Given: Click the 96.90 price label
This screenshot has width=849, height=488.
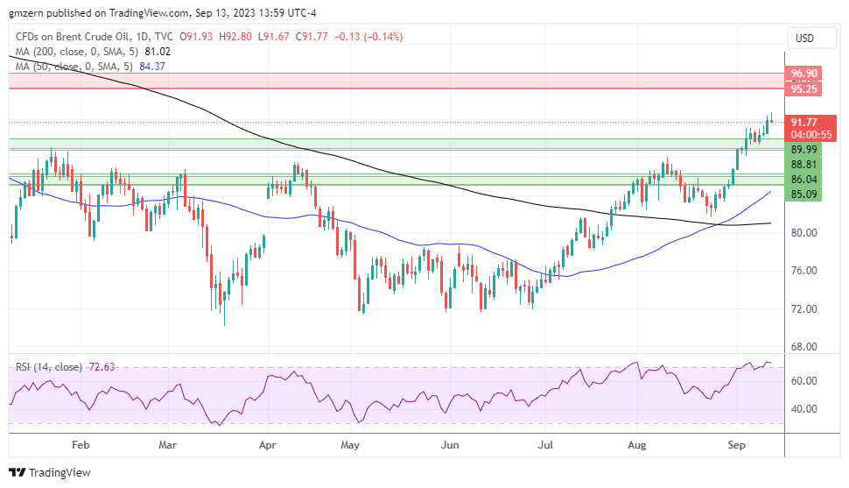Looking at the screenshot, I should click(x=804, y=74).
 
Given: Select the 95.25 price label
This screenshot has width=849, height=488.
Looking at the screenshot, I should click(x=804, y=88).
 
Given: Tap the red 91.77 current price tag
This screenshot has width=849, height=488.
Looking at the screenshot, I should click(x=804, y=123).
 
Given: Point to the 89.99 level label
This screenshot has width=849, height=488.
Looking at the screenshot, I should click(x=803, y=150).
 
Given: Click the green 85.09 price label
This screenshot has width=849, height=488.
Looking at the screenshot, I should click(x=803, y=194).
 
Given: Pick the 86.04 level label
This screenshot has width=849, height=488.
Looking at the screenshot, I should click(x=803, y=179).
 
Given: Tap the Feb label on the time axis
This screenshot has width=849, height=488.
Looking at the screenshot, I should click(x=81, y=445).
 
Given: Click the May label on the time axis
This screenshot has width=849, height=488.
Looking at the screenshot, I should click(x=351, y=445).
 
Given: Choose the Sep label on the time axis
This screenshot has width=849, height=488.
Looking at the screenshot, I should click(x=736, y=445).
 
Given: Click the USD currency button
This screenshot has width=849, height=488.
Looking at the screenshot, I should click(x=803, y=39).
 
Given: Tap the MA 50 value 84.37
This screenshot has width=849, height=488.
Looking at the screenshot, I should click(x=147, y=67).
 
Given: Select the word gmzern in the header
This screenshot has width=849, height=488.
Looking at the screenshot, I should click(x=25, y=12).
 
